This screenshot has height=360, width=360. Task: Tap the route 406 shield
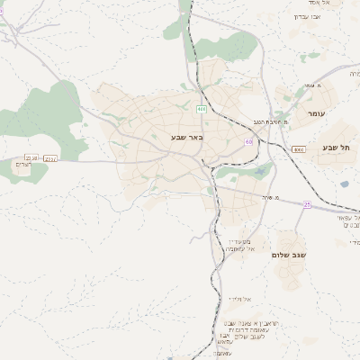coord(201,109)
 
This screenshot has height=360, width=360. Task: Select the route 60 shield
coord(248,141)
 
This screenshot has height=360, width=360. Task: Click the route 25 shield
coord(307,204)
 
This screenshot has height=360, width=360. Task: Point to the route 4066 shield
coord(299,149)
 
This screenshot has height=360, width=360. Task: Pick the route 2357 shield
coord(50,158)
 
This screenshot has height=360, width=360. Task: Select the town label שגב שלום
coord(290,255)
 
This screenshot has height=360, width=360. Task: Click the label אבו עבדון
coord(314,16)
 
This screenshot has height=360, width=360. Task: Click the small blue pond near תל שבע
coord(344,184)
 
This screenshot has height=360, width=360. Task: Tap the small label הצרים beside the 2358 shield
coord(23,164)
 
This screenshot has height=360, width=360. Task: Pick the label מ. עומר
coord(313,85)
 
